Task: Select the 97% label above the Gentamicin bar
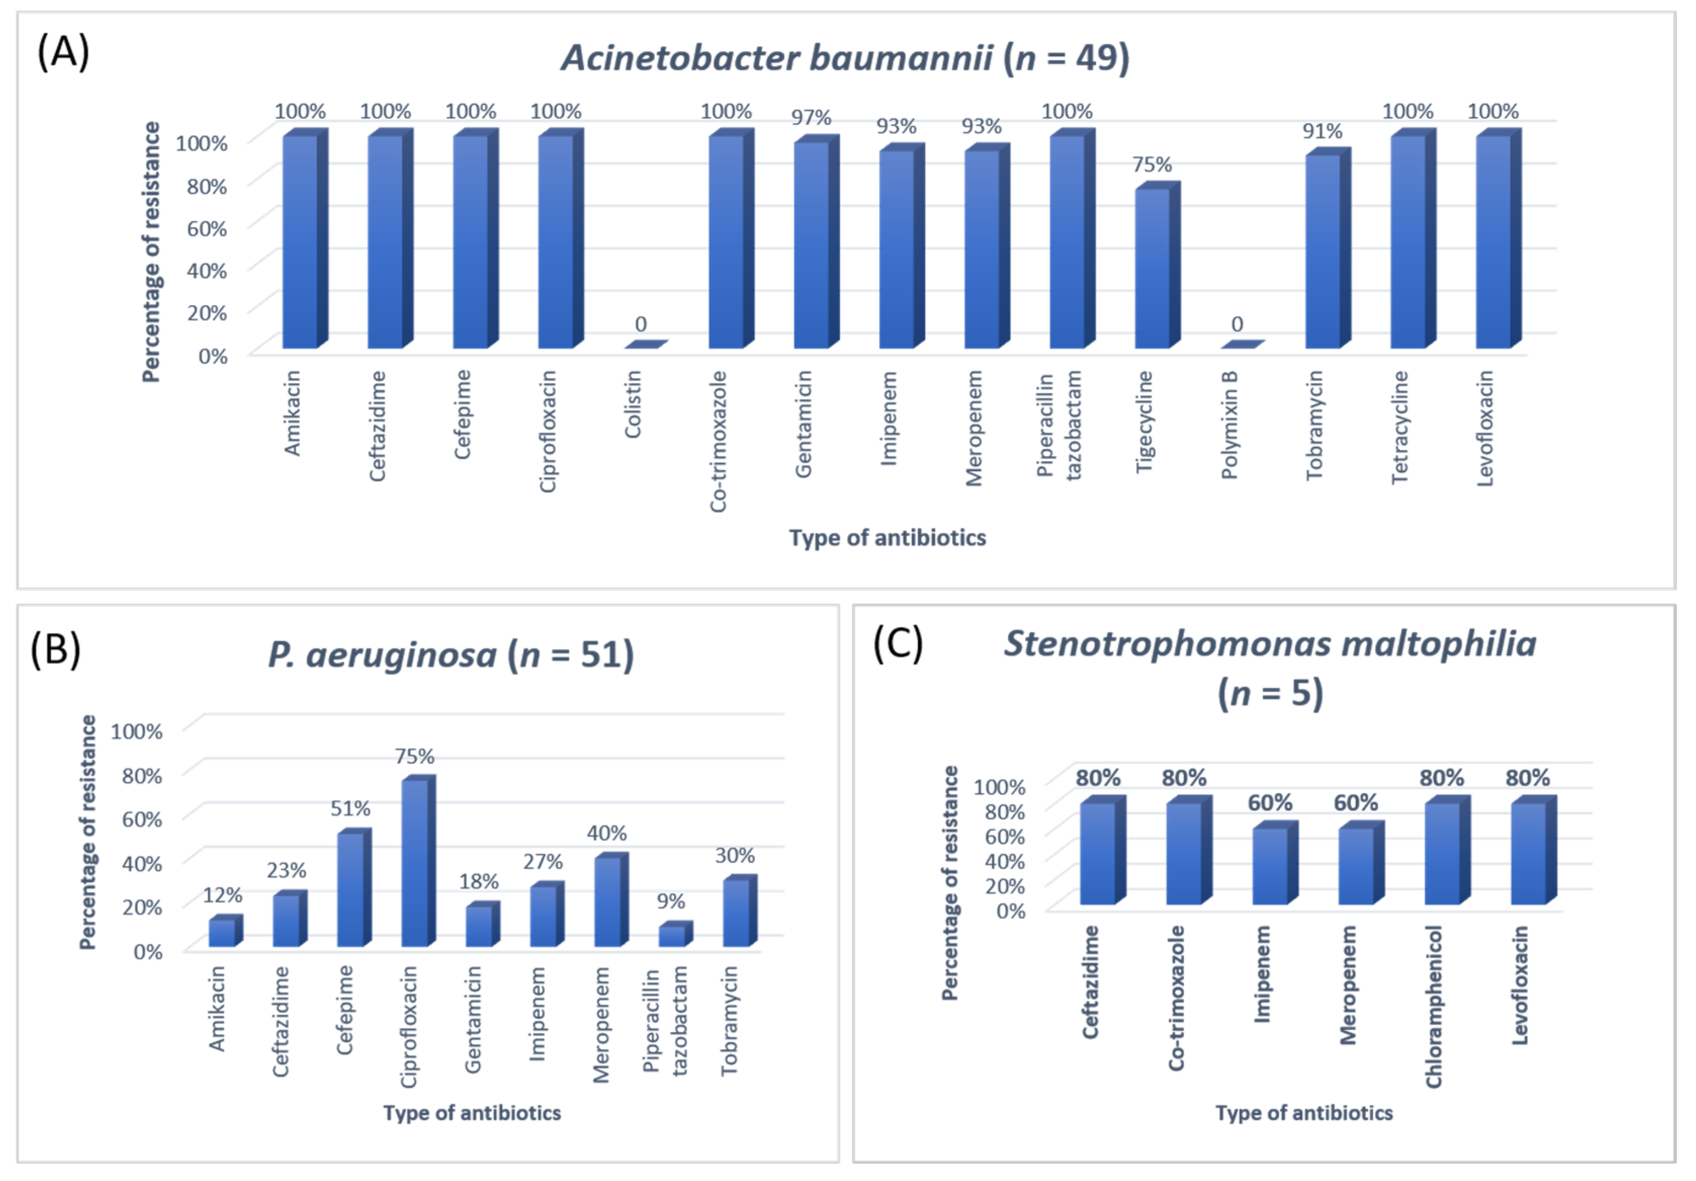click(810, 117)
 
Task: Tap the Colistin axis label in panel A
click(633, 404)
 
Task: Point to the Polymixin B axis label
click(1229, 425)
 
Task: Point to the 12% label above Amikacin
click(223, 895)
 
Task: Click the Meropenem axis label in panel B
click(601, 1024)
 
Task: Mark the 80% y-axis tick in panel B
click(142, 775)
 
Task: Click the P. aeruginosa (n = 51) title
click(451, 655)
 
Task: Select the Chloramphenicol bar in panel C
click(1442, 853)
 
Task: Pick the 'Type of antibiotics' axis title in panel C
click(1304, 1113)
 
